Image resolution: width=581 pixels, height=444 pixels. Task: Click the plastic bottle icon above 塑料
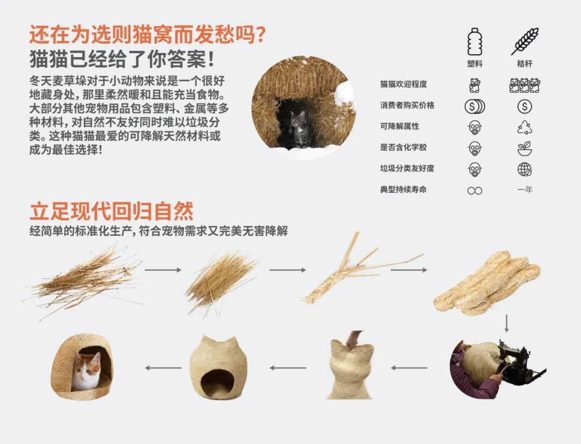tap(474, 42)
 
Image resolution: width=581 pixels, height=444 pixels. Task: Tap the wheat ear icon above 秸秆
tap(525, 41)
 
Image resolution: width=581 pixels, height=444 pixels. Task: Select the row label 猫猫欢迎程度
tap(403, 84)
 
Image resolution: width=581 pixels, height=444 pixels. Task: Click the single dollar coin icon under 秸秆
tap(525, 107)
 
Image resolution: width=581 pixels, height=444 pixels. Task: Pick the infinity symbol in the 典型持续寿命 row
tap(474, 191)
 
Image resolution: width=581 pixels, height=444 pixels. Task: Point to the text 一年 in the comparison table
tap(525, 190)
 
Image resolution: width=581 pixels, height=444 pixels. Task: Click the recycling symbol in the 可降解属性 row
tap(525, 128)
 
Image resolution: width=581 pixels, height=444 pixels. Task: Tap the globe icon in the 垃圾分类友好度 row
tap(525, 170)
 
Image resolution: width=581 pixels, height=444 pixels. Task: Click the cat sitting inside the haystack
tap(296, 129)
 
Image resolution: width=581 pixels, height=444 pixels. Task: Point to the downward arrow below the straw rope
tap(506, 323)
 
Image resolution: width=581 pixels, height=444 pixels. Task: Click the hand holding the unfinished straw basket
tap(353, 339)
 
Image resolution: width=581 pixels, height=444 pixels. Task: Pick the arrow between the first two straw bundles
tap(162, 270)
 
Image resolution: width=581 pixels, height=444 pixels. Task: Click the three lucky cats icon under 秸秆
tap(525, 85)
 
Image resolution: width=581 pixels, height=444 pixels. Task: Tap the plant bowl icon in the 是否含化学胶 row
tap(525, 149)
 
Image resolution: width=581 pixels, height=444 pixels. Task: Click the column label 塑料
tap(474, 64)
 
